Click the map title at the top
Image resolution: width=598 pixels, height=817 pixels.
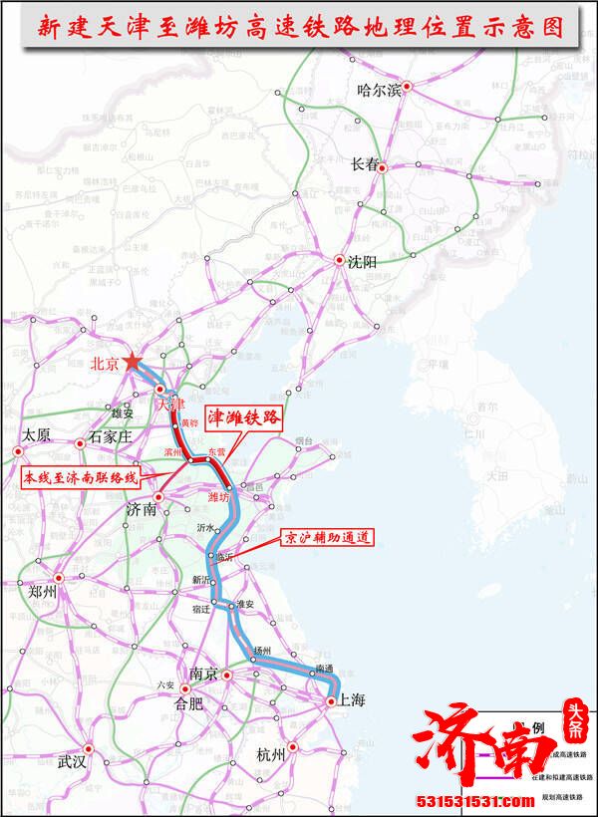[299, 27]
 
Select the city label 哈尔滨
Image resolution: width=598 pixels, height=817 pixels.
[378, 91]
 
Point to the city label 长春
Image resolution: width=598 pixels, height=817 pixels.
[365, 165]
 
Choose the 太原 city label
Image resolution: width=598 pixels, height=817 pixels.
[35, 435]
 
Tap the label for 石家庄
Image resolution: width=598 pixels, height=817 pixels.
[110, 436]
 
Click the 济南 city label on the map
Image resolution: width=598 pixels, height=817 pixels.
[142, 509]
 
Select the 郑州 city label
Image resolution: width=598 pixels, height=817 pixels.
[42, 591]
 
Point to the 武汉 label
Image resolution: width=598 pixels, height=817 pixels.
[73, 762]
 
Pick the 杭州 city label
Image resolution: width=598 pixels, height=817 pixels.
[270, 754]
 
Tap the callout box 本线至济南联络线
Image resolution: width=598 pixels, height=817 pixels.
[84, 477]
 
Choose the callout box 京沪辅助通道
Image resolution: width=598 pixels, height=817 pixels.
[324, 537]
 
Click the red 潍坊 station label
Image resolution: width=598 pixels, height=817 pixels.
[218, 495]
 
